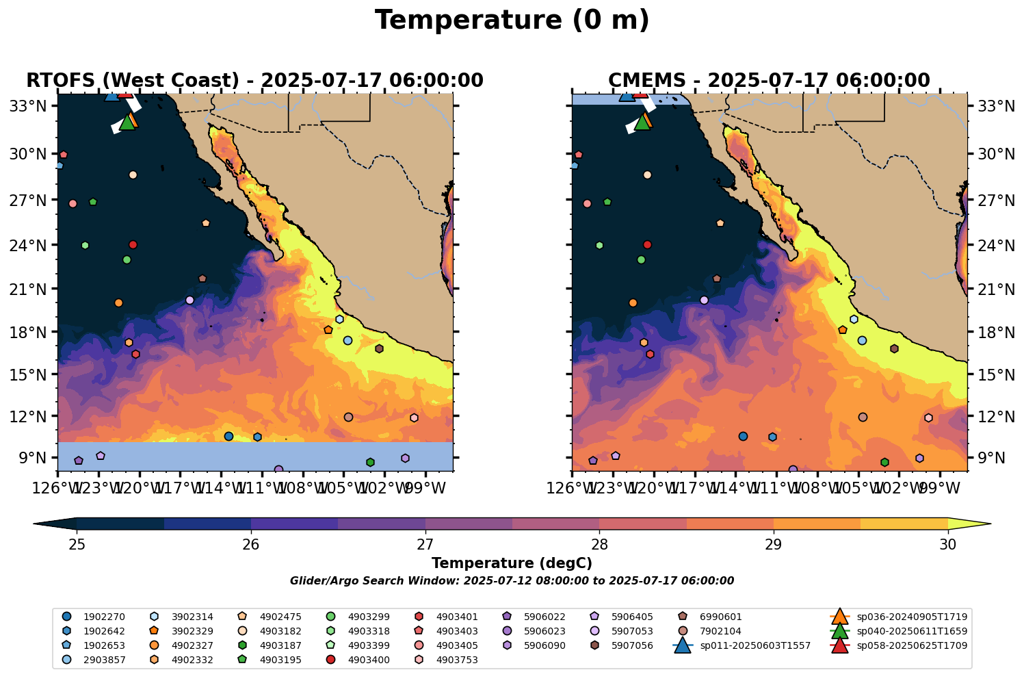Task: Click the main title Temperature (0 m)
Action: (x=512, y=21)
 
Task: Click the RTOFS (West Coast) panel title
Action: (x=254, y=81)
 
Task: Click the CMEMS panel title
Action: (x=769, y=81)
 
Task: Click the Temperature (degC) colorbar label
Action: (x=512, y=563)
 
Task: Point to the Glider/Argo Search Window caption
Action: (x=512, y=581)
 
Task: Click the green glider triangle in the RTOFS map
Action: (x=127, y=123)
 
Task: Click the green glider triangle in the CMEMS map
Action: (x=642, y=123)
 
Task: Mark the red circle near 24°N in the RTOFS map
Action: (x=133, y=244)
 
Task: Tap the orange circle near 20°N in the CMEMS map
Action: (x=633, y=303)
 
